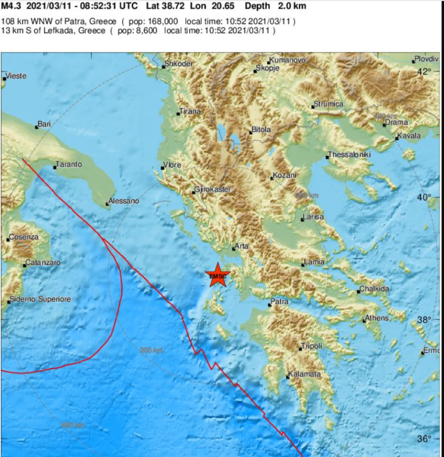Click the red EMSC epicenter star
tap(218, 275)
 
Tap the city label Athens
tap(377, 318)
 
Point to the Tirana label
tap(191, 111)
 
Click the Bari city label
tap(44, 124)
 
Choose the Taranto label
tap(69, 164)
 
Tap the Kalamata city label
tap(305, 375)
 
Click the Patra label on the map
tap(280, 302)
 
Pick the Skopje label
tap(267, 68)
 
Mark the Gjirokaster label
tap(213, 190)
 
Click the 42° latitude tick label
tap(425, 71)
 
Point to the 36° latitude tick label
tap(425, 438)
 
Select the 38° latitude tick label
tap(425, 320)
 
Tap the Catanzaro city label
tap(43, 263)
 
